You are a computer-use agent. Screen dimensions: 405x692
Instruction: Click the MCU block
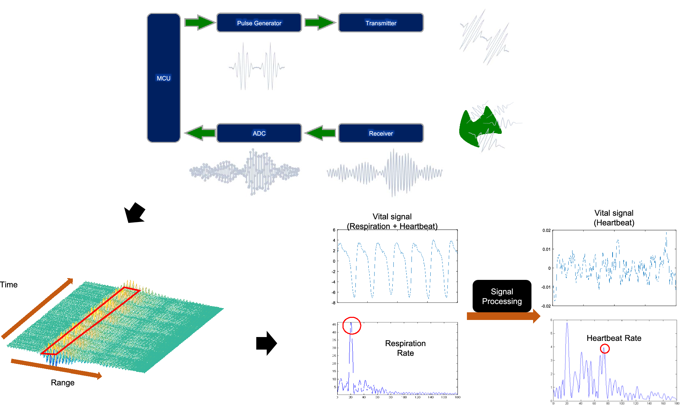click(163, 78)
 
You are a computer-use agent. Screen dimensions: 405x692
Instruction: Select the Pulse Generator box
click(259, 23)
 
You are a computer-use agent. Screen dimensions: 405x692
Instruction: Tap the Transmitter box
click(380, 23)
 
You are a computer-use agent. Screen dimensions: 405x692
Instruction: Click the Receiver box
click(380, 133)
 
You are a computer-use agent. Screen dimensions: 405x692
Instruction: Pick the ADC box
click(259, 133)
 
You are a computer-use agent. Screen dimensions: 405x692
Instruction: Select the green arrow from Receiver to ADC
click(320, 133)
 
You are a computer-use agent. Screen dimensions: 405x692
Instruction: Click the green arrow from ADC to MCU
click(200, 133)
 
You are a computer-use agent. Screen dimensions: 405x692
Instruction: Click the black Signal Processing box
click(502, 296)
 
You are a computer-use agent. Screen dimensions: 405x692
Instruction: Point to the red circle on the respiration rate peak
click(352, 326)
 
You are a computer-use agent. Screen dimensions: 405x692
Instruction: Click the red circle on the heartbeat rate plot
click(605, 349)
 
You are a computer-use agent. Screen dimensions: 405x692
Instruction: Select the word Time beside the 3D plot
click(9, 285)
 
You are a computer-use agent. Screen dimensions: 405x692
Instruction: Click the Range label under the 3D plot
click(63, 383)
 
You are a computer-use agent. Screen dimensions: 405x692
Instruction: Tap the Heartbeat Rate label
click(614, 338)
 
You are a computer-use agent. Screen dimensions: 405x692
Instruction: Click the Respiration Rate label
click(405, 348)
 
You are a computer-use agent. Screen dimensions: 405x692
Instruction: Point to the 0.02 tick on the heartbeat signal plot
click(546, 230)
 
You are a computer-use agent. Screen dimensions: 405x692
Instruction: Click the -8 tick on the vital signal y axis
click(333, 303)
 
